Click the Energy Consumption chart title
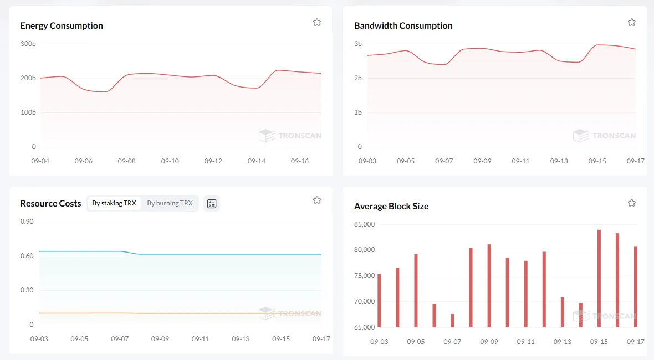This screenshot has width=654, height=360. (x=62, y=26)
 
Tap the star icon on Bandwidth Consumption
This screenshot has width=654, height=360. (x=632, y=23)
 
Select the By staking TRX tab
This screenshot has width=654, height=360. (x=114, y=203)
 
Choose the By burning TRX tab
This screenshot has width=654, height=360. (x=170, y=203)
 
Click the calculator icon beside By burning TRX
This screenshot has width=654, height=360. (x=212, y=204)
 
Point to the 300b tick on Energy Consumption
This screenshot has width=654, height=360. (x=28, y=44)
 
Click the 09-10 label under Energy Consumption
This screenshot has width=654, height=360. (x=170, y=161)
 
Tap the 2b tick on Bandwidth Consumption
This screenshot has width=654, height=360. (x=358, y=78)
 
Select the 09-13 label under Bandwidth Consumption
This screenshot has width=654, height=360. (x=559, y=161)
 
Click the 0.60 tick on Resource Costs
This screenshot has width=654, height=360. (x=27, y=256)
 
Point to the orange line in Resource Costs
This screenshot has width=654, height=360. (x=180, y=313)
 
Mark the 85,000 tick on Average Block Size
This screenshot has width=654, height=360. (x=365, y=224)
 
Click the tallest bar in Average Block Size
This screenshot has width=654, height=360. (x=599, y=279)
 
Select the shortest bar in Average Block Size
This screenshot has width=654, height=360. (x=453, y=321)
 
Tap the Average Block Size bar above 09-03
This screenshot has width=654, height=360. (x=379, y=300)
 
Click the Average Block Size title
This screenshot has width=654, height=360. (x=391, y=206)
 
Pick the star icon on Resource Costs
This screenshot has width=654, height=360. (x=317, y=200)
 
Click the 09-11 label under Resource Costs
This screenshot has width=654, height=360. (x=200, y=339)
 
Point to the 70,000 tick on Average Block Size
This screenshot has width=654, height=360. (x=365, y=301)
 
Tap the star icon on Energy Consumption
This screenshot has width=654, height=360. (x=317, y=23)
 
